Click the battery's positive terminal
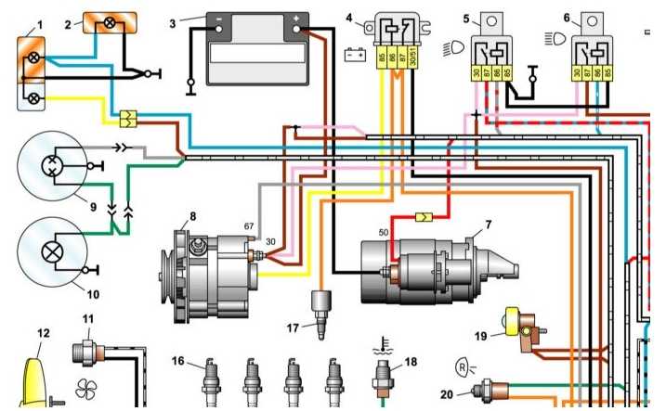click(x=296, y=29)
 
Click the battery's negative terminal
click(x=218, y=29)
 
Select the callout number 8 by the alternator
click(x=193, y=216)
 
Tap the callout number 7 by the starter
click(x=489, y=224)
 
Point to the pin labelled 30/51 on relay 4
click(x=412, y=58)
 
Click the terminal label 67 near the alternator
click(x=249, y=226)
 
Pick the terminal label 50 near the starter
click(x=383, y=233)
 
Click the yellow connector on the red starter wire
click(x=424, y=217)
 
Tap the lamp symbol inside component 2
click(x=110, y=22)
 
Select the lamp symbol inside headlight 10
click(x=52, y=252)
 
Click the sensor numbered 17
click(x=321, y=313)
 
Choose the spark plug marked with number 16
click(x=211, y=381)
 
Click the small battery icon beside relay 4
click(x=355, y=55)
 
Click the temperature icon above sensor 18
click(x=383, y=346)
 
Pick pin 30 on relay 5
click(x=477, y=73)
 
